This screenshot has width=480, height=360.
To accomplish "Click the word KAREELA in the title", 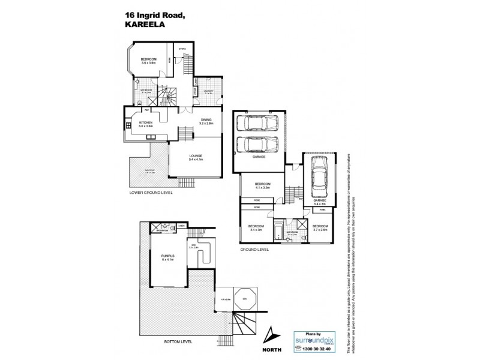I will click(142, 25).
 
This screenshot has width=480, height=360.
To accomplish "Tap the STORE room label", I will click(182, 49).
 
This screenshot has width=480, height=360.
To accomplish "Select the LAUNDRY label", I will click(209, 91).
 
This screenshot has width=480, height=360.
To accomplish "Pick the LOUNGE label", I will click(196, 157).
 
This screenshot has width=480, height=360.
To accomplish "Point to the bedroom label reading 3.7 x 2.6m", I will click(319, 227).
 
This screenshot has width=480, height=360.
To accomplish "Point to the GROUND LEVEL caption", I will click(254, 248).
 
